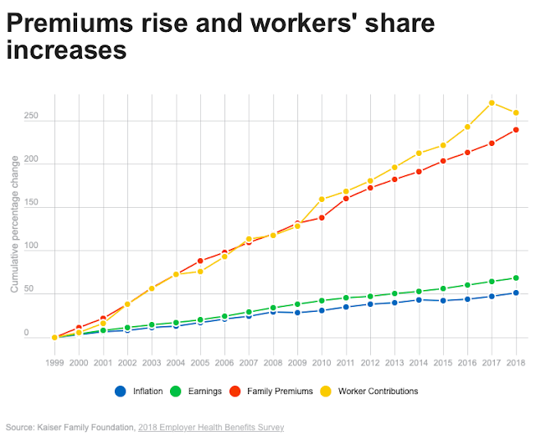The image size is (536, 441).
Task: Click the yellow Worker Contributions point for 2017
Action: tap(492, 103)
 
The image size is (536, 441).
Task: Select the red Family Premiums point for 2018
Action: tap(516, 129)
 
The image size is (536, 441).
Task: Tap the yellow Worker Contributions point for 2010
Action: tap(322, 200)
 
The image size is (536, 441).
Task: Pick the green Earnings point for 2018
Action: tap(516, 278)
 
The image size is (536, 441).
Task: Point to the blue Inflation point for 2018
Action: tap(516, 293)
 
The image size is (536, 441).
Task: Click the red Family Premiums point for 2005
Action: tap(200, 261)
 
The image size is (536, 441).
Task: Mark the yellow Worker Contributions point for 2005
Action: tap(200, 272)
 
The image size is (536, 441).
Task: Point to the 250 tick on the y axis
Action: tap(32, 117)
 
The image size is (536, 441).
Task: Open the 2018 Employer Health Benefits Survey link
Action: tap(213, 428)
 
